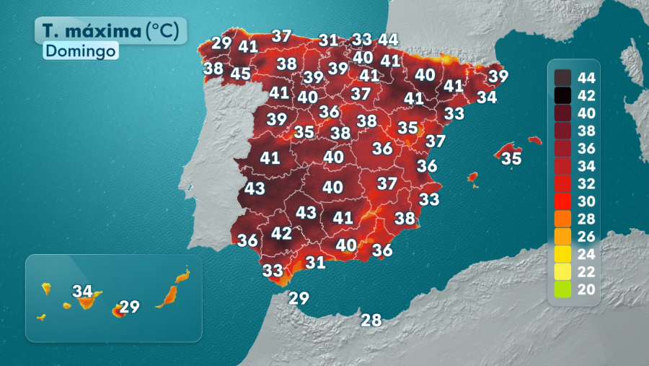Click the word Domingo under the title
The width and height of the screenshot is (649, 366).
pos(81,51)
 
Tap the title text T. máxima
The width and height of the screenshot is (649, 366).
pos(91,31)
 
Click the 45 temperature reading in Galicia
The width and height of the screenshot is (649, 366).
pos(241,74)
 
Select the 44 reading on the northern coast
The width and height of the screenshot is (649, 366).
pos(388,40)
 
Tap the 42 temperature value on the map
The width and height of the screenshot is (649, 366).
pos(281,234)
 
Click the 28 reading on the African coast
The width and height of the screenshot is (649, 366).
pos(371,320)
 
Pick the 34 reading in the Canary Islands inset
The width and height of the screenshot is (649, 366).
pos(83,292)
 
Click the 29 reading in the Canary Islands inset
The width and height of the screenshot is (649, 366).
pos(129,307)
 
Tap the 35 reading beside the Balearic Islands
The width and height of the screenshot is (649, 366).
pos(511,158)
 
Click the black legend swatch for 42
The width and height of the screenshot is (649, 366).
pos(563,95)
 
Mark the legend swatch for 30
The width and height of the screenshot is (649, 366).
pos(563,200)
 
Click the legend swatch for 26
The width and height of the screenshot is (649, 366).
pos(563,235)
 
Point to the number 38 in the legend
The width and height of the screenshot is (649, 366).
pos(587,131)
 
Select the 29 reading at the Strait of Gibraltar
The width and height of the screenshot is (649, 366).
pos(299,297)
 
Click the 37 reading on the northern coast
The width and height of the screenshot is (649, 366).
pos(281,36)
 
